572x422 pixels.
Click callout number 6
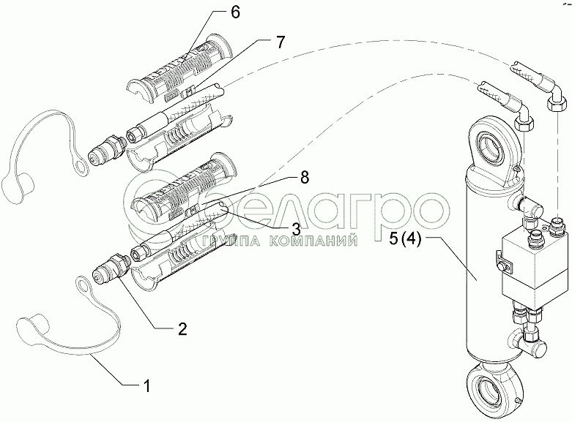(235, 12)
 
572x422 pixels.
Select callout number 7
(279, 42)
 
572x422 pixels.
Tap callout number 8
(303, 178)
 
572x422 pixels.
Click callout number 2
(182, 328)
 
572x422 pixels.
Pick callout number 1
(146, 386)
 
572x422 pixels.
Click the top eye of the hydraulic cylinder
(494, 147)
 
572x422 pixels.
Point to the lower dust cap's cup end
(33, 325)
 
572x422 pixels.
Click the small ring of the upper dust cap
(81, 166)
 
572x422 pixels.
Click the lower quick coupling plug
(111, 268)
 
